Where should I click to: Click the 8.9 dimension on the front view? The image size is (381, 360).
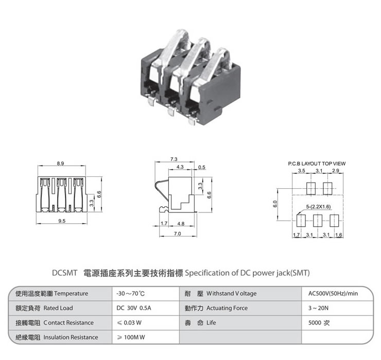[x=61, y=163]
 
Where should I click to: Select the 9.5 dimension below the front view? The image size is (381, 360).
[x=62, y=221]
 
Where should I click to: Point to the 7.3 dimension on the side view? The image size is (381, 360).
[x=174, y=158]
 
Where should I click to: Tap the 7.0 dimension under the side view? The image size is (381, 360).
[x=177, y=234]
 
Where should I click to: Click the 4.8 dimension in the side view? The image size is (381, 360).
[x=181, y=224]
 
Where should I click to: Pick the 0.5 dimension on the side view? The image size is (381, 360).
[x=201, y=168]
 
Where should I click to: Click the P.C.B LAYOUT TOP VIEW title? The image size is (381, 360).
[x=317, y=163]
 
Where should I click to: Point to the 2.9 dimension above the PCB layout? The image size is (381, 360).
[x=336, y=170]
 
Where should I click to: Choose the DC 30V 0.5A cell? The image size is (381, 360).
[x=134, y=308]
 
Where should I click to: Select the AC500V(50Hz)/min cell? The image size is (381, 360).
[x=333, y=294]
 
